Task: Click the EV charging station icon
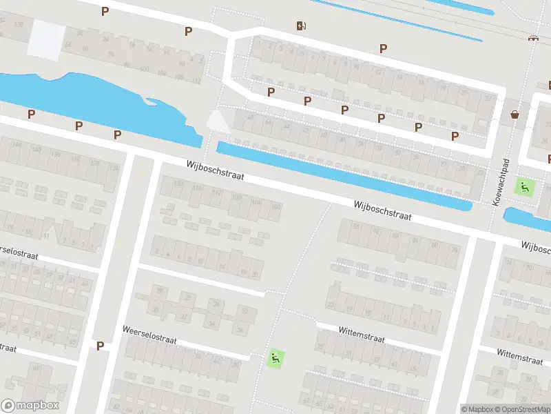click(x=301, y=26)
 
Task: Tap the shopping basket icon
click(x=514, y=114)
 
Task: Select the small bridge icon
click(x=532, y=38)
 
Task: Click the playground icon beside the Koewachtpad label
click(x=526, y=186)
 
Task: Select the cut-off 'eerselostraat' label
click(x=19, y=251)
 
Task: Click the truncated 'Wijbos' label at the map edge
click(x=536, y=247)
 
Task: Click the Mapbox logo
click(x=30, y=406)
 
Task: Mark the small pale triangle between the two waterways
click(x=218, y=123)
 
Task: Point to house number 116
click(x=198, y=188)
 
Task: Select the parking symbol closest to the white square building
click(x=105, y=11)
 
